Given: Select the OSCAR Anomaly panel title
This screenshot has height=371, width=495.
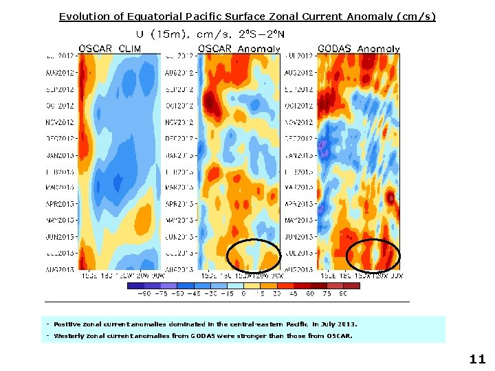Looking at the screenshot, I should [x=239, y=49].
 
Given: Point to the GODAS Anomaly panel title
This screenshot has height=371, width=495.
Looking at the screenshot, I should [x=358, y=49].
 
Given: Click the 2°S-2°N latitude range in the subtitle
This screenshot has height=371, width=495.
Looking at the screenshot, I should [x=265, y=34].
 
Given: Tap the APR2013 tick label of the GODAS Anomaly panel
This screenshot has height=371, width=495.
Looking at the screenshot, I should [x=300, y=204].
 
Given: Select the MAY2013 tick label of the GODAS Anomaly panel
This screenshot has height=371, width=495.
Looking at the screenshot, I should [x=300, y=221].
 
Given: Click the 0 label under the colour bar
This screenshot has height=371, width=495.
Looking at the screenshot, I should [x=244, y=293].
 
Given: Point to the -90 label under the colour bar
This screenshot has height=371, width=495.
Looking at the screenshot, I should [x=144, y=293].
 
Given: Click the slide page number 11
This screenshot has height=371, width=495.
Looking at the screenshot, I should [x=477, y=359].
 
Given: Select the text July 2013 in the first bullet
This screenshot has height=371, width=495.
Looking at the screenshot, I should [x=340, y=324].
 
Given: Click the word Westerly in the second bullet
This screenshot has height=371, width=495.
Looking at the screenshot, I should [x=69, y=336].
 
